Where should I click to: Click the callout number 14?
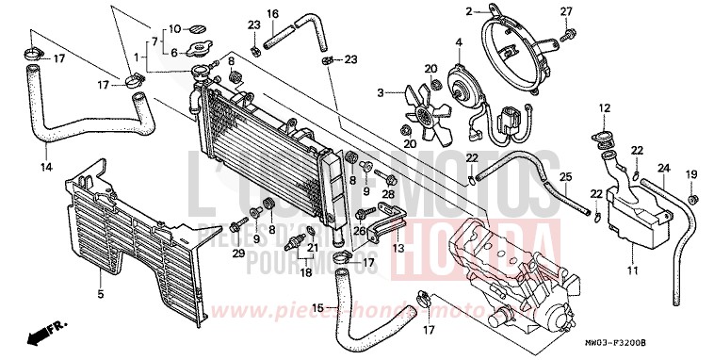pos(44,169)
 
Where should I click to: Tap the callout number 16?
pos(271,13)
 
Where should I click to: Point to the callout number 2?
pos(466,12)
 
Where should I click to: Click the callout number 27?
pos(566,11)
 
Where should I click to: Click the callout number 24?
pos(662,169)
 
